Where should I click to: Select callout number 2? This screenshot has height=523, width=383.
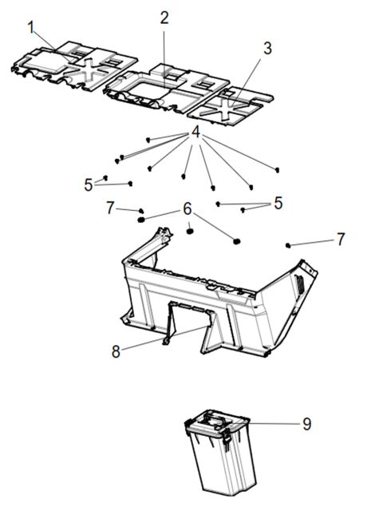coord(164,18)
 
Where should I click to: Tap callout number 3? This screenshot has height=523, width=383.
coord(267,48)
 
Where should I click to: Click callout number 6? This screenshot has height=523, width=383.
coord(188,208)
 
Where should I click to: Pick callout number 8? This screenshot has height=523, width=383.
coord(116,351)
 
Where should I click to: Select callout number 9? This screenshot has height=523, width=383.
coord(306,424)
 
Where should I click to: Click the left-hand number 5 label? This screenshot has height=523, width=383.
coord(88,184)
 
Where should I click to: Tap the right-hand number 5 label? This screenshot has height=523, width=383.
coord(278,203)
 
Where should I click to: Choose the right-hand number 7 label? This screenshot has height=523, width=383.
coord(340,239)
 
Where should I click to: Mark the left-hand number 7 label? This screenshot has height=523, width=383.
coord(110,208)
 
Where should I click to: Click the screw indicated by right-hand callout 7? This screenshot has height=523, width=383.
coord(289,244)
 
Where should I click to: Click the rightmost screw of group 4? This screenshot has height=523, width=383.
coord(277,169)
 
